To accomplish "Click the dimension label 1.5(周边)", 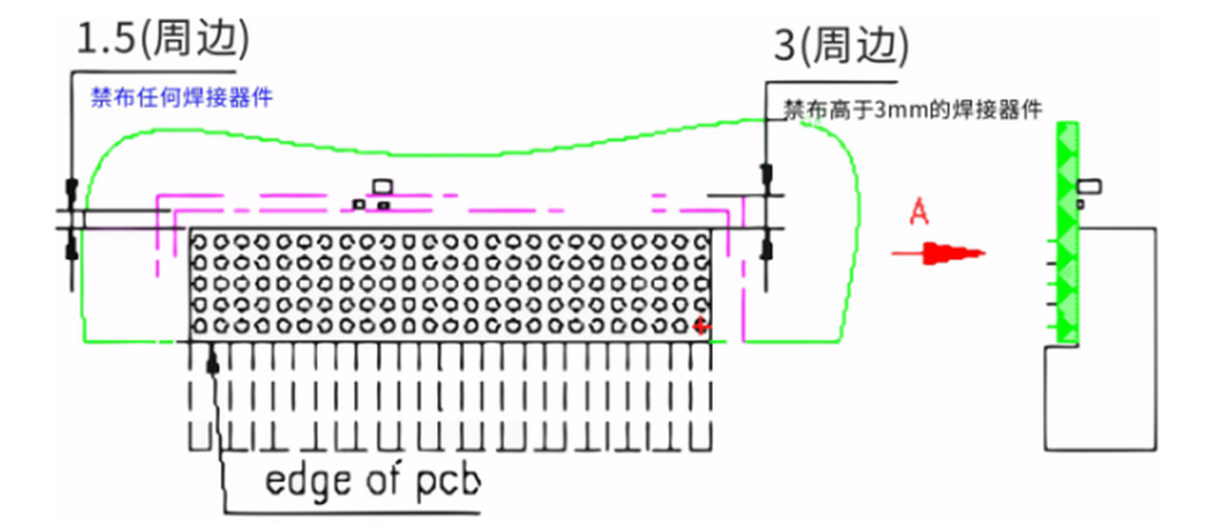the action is point(163,37).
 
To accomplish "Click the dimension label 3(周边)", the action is point(841,45).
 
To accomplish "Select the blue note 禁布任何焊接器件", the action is point(182,97).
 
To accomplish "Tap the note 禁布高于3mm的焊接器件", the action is point(913,109).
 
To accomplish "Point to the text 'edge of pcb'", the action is point(373,482).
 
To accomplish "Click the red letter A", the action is point(919,212).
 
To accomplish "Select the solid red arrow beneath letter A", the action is point(939,253).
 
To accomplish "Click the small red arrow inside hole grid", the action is point(702,325).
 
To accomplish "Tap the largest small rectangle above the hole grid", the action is point(382,187).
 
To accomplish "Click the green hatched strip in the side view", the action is point(1068,232).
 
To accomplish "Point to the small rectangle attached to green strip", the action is point(1089,187).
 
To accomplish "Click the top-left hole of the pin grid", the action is point(201,243).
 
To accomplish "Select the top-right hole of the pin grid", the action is point(701,243).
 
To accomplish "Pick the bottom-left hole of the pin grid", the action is point(201,326).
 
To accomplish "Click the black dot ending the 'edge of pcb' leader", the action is point(212,365).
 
